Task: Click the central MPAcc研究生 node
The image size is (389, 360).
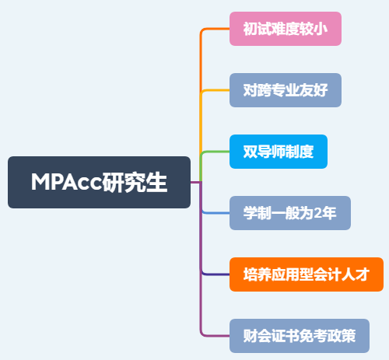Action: point(99,182)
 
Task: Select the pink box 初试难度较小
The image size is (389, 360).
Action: point(286,29)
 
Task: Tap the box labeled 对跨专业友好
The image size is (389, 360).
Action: point(286,90)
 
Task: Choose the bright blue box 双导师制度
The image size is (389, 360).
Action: point(279,152)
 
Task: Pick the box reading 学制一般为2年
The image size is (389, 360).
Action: point(290,213)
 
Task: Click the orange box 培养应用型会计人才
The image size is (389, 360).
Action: point(307,274)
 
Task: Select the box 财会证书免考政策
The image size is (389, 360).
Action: point(300,336)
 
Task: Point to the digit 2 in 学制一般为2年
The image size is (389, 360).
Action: point(318,213)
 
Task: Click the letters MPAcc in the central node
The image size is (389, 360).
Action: point(66,182)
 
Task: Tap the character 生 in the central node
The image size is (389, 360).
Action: point(156,182)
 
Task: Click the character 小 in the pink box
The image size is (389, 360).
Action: point(321,29)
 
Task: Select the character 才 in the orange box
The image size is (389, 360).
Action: point(363,274)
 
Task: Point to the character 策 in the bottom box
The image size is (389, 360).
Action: point(349,336)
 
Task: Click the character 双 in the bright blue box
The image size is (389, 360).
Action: point(251,152)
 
